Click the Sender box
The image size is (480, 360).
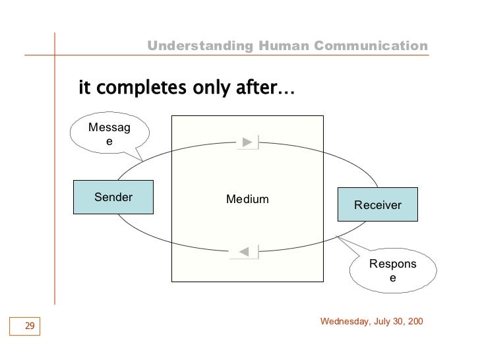(113, 197)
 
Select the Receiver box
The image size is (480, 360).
(378, 204)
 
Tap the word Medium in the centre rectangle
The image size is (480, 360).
(247, 199)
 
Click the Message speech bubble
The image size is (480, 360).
(110, 135)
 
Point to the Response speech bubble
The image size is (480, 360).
(392, 272)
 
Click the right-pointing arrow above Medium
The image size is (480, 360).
(248, 141)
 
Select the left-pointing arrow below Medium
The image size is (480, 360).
(244, 251)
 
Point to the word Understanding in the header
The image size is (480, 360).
(198, 45)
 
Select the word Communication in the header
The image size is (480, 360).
(371, 45)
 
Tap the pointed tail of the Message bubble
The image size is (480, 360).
(140, 159)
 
